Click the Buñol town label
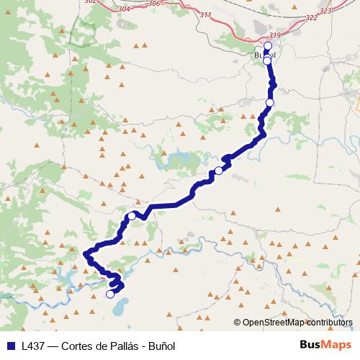point(265,55)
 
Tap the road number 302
point(89,2)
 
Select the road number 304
point(125,9)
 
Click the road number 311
point(207,14)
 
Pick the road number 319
point(274,35)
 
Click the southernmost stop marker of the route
point(110,294)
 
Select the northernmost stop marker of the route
point(268,45)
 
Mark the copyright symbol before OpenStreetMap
point(238,323)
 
